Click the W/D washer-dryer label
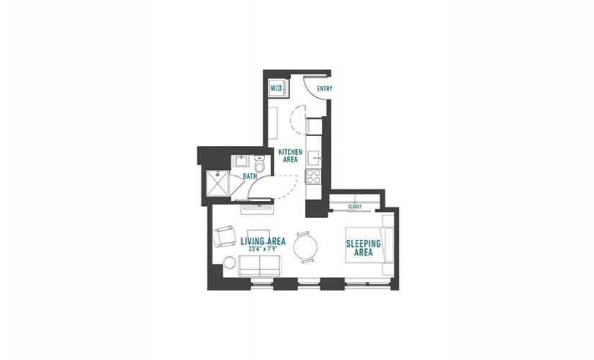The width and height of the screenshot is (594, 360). point(276,89)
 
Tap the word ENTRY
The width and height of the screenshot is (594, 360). point(325,89)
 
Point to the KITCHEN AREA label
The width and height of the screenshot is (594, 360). point(290,156)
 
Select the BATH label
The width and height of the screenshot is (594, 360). point(250,176)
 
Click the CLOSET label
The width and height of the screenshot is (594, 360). point(355,207)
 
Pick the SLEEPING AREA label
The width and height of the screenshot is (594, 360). point(364,248)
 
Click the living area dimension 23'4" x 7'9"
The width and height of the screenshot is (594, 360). point(264,249)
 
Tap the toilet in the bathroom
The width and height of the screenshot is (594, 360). point(259,163)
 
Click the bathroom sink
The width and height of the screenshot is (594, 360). point(240,161)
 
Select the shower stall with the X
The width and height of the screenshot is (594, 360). point(217,184)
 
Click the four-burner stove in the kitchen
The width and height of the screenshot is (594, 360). point(313,176)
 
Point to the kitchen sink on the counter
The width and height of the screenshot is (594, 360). point(314,158)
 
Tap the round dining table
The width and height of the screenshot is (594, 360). point(305,248)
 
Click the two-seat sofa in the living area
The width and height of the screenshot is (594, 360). point(259,266)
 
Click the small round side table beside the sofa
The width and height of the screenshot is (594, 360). point(230,263)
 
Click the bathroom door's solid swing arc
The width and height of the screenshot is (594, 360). point(256,183)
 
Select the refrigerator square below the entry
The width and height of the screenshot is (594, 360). point(314,127)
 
